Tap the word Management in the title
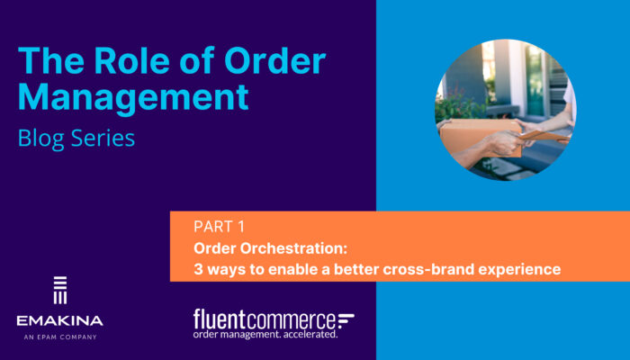(x=133, y=96)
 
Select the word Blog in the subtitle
(x=41, y=139)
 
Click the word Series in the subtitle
(x=103, y=138)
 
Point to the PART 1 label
(x=219, y=227)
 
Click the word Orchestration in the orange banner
(x=293, y=248)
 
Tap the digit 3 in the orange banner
(x=198, y=269)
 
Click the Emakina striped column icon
(x=60, y=290)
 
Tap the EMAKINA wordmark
(x=60, y=321)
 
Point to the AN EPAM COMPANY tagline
(x=60, y=337)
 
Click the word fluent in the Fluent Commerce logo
(x=220, y=319)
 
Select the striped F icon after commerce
(x=346, y=319)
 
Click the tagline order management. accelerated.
(x=265, y=334)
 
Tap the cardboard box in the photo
(x=479, y=136)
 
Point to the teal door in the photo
(x=535, y=80)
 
